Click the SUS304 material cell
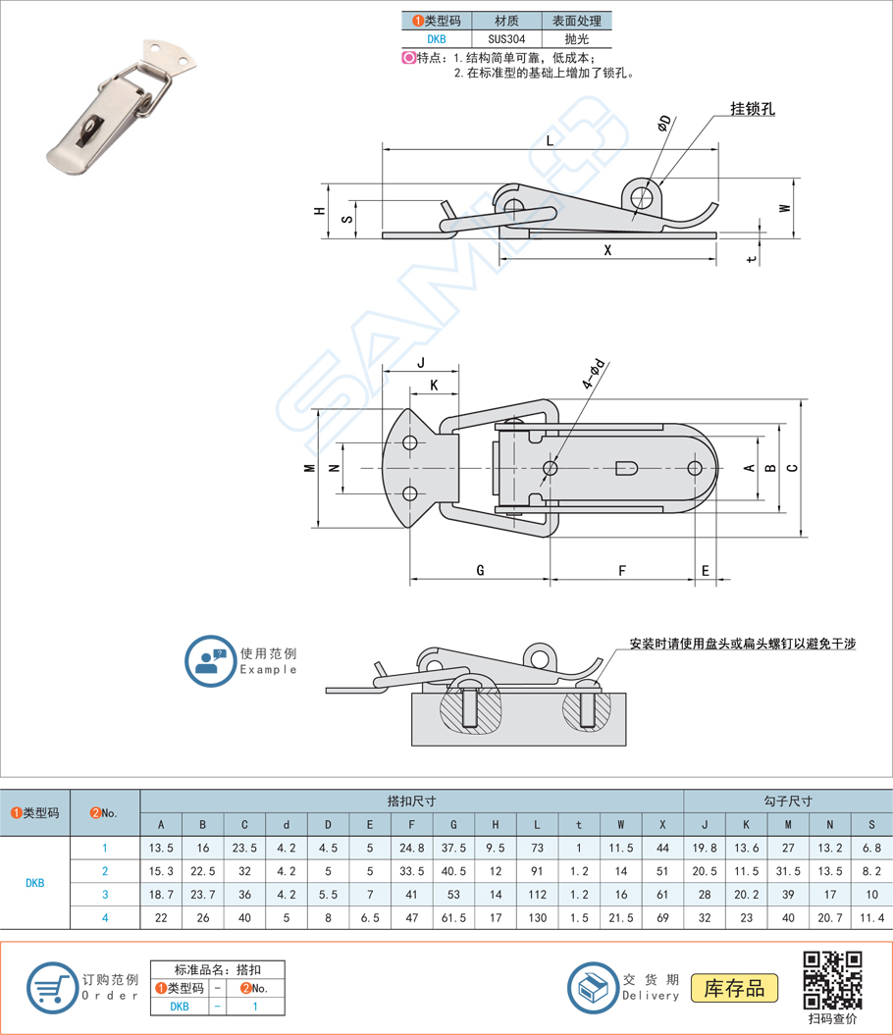tap(506, 40)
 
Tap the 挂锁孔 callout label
tap(753, 109)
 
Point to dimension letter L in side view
tap(550, 140)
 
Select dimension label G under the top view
tap(480, 570)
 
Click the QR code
tap(833, 979)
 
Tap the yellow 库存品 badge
tap(734, 988)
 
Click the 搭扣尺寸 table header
tap(411, 801)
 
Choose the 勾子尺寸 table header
tap(787, 801)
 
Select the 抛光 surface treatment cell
tap(576, 40)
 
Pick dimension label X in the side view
tap(607, 250)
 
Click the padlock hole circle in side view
tap(642, 194)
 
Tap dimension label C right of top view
tap(792, 467)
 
